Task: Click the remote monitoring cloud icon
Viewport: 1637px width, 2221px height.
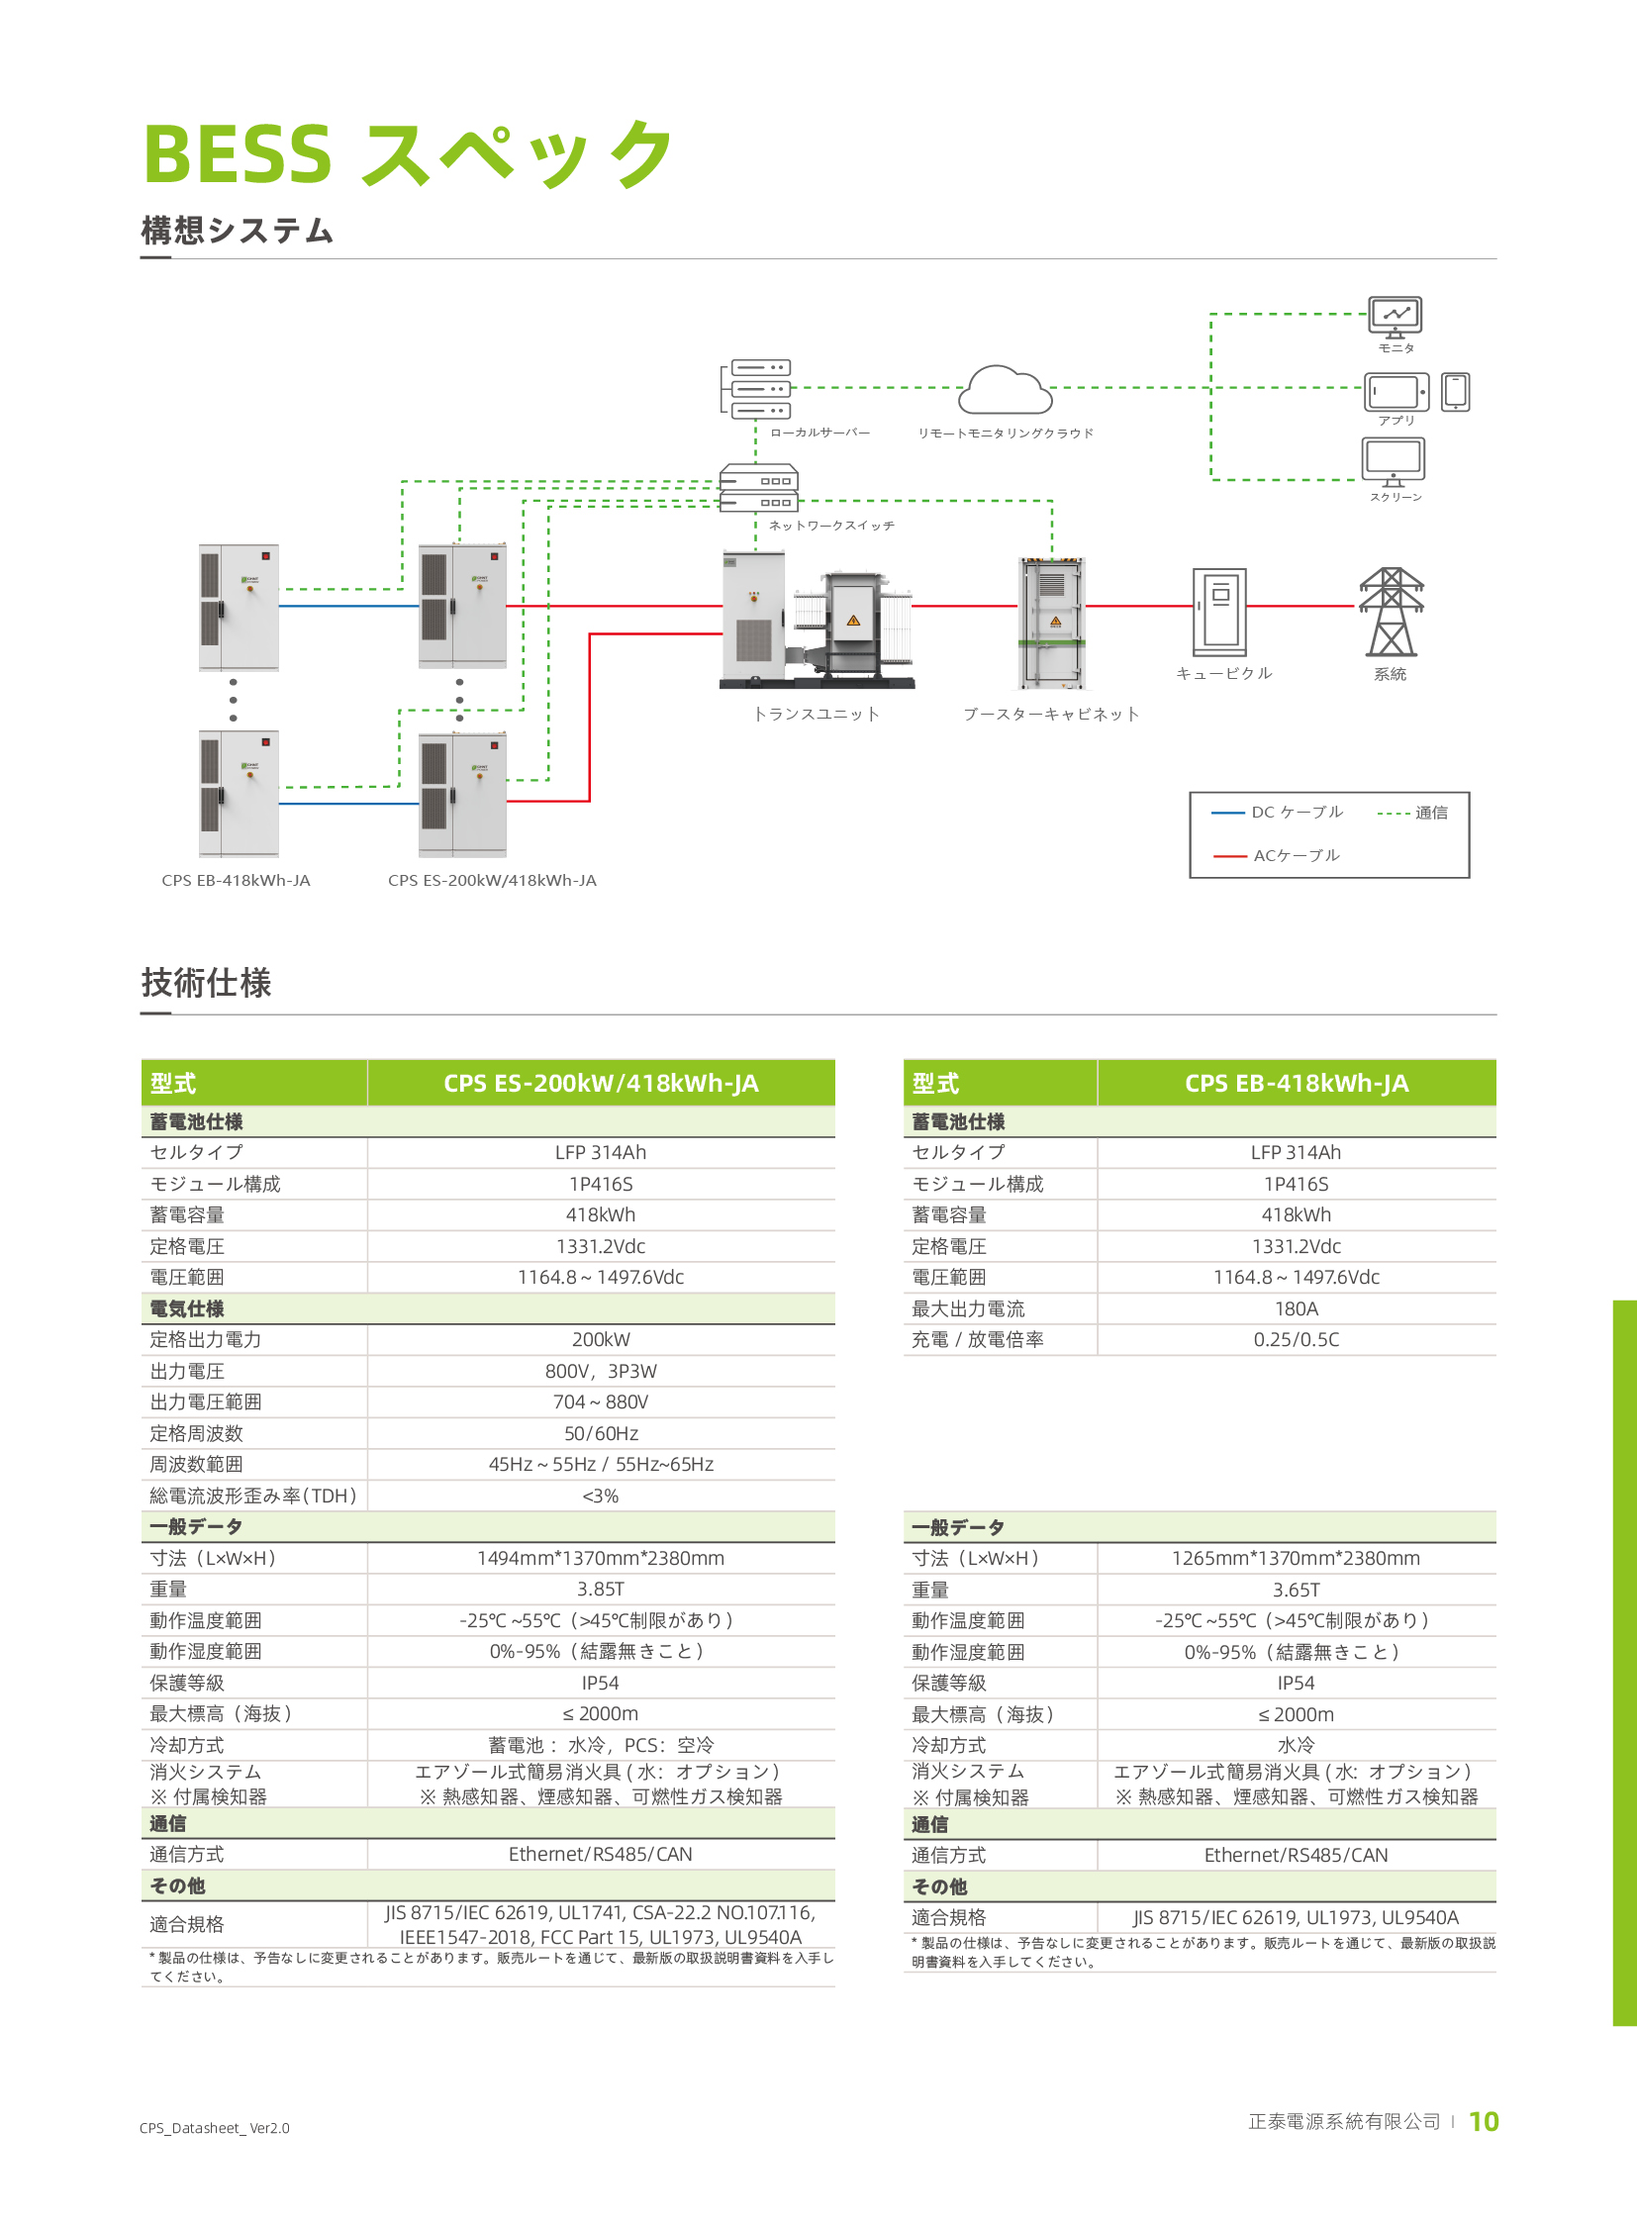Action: [1005, 391]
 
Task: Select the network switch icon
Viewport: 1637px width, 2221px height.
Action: [759, 488]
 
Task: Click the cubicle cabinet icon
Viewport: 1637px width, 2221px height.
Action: [1218, 612]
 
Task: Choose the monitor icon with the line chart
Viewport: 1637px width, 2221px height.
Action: [1396, 315]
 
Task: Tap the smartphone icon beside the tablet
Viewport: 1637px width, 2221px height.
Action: [1455, 392]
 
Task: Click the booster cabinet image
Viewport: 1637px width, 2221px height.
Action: [1052, 623]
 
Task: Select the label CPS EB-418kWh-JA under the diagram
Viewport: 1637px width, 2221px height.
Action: [236, 880]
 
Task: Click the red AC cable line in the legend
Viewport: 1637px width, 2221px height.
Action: [1230, 855]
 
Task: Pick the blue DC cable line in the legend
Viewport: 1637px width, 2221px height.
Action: [1227, 813]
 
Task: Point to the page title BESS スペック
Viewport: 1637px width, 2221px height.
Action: [407, 154]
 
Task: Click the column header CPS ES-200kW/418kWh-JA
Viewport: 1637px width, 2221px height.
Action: [601, 1083]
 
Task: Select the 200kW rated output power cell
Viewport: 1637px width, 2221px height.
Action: [601, 1340]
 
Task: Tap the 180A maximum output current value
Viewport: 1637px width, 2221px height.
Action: [1297, 1309]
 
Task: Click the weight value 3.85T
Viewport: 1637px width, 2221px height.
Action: [601, 1590]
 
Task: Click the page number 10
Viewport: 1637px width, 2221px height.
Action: [1484, 2122]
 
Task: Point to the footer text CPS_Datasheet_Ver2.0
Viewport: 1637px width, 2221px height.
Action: [214, 2128]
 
